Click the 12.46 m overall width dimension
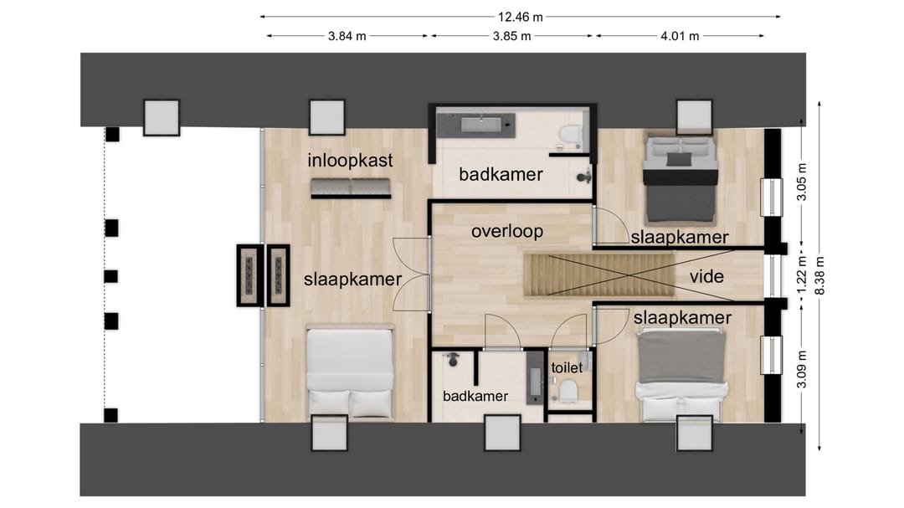[x=520, y=17]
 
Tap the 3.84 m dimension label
[x=347, y=36]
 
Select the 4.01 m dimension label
[x=680, y=36]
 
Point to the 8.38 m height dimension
[x=819, y=275]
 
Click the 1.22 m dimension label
[x=802, y=275]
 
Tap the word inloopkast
[x=350, y=161]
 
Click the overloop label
[x=507, y=232]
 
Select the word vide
[x=706, y=277]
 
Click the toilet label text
[x=567, y=367]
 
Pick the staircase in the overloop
[x=599, y=275]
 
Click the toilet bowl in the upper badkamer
[x=570, y=135]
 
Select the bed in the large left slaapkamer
[x=350, y=371]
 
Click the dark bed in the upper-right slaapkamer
[x=681, y=179]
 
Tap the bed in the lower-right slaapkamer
[x=681, y=375]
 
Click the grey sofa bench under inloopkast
[x=351, y=188]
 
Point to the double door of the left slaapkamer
[x=412, y=275]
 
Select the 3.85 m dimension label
[x=511, y=36]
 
